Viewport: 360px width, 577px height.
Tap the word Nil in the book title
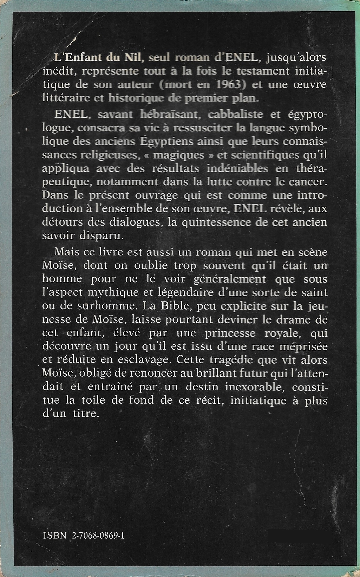[x=132, y=57]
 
